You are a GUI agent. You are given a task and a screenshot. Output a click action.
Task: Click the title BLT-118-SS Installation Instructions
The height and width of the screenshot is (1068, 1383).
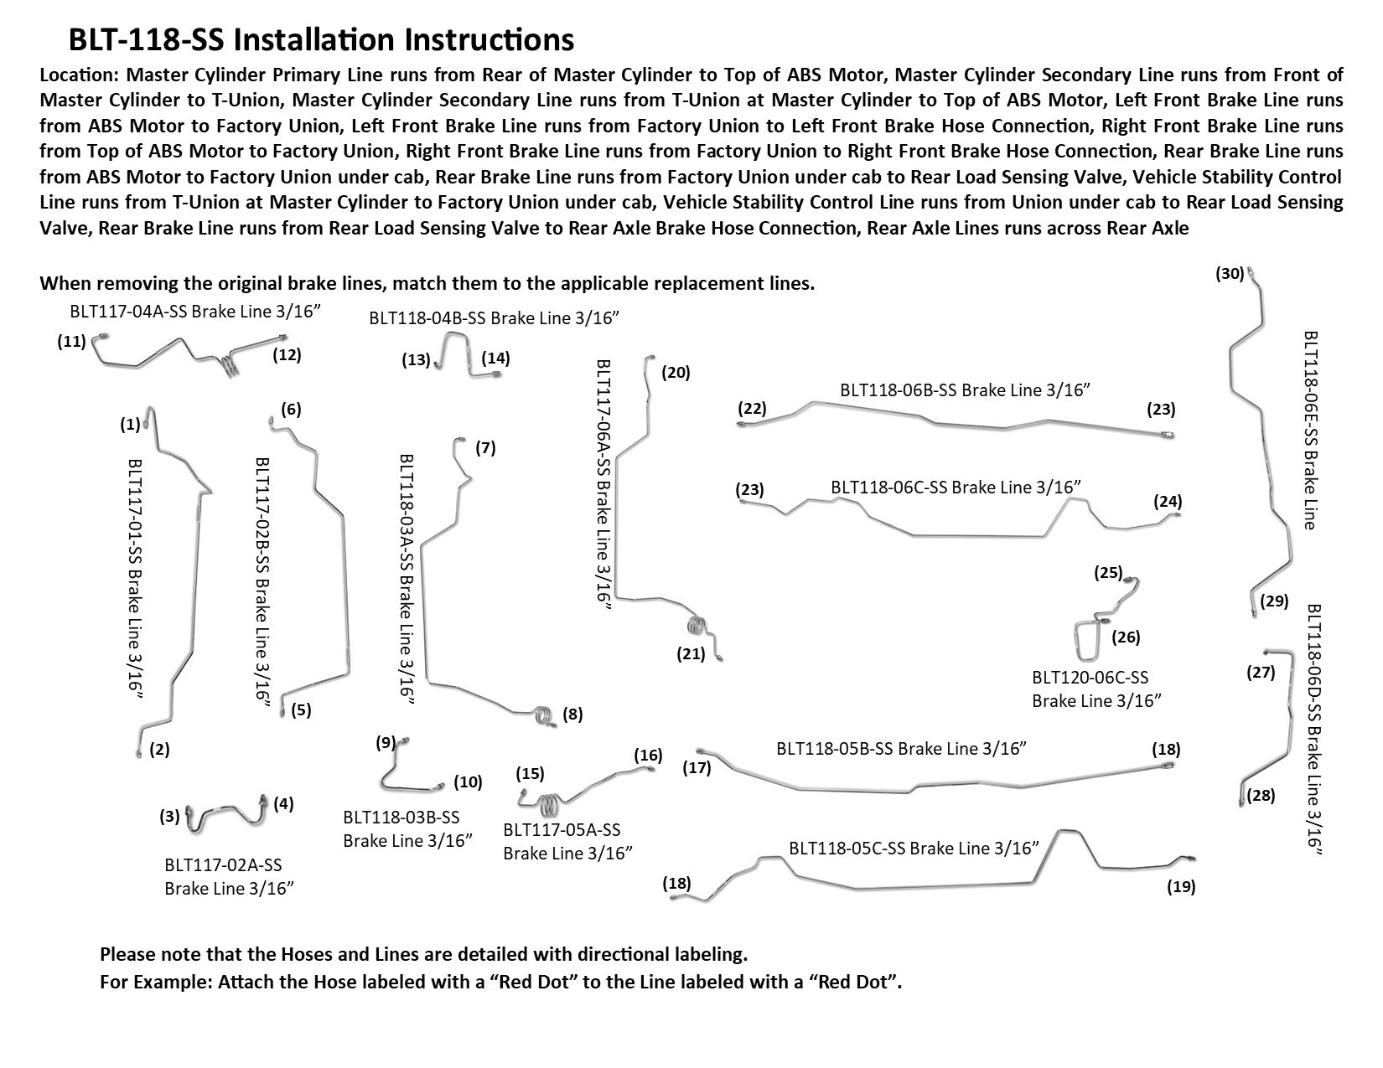(322, 40)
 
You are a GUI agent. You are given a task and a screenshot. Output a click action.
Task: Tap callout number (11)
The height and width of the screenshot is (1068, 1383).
(71, 342)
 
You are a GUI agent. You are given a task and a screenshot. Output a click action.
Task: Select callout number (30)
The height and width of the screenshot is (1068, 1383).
(1230, 273)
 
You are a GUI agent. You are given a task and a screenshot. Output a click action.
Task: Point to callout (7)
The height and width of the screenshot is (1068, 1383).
(485, 448)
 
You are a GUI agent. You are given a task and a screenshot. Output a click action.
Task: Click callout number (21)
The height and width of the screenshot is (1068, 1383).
(691, 654)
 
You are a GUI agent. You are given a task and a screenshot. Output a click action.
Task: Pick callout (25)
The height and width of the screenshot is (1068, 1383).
(1107, 573)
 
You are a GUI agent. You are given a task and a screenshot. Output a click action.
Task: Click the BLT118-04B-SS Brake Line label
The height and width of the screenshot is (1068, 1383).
(494, 317)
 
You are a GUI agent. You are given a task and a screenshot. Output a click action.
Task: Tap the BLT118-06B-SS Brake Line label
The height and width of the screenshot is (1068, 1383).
(968, 390)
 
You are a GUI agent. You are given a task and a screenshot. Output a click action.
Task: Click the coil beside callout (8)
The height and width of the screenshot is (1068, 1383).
(543, 716)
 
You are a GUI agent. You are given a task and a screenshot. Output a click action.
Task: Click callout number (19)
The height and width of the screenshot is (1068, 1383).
(1181, 887)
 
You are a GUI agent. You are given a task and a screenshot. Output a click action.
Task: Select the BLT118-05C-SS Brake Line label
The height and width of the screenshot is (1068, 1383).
(914, 849)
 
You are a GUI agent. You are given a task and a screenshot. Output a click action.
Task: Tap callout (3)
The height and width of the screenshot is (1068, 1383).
(170, 815)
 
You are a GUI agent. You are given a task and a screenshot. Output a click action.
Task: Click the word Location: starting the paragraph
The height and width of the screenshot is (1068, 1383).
(79, 75)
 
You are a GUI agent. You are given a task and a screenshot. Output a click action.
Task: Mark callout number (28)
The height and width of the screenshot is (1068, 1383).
(1261, 796)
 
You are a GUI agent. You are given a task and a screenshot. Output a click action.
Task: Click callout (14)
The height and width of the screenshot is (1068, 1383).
(495, 359)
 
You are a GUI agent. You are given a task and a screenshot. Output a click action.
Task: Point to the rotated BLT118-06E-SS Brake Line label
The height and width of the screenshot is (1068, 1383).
(1310, 430)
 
